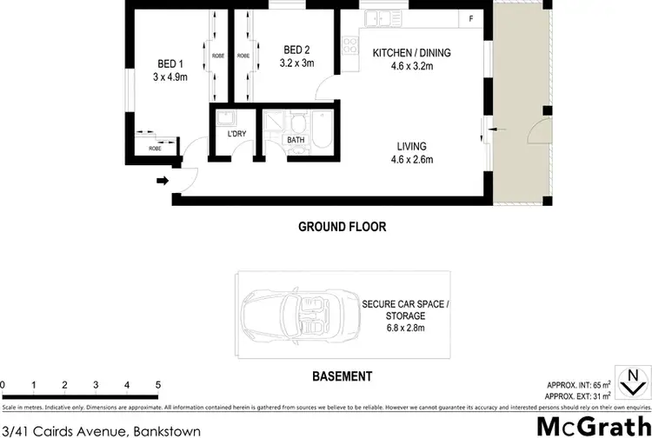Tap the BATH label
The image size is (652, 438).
(296, 139)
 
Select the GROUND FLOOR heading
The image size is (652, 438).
(342, 227)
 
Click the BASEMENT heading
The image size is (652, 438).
(343, 376)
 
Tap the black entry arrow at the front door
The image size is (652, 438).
(162, 182)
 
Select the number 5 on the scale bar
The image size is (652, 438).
(157, 383)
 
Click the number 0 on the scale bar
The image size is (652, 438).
(3, 383)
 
